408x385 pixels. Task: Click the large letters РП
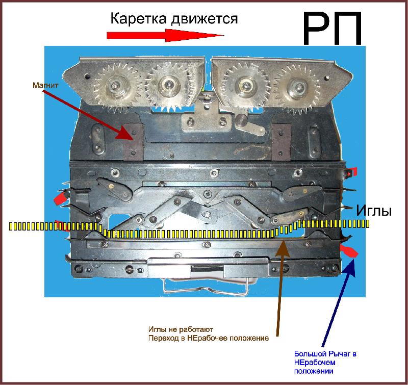[x=333, y=28]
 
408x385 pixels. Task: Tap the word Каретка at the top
[x=138, y=19]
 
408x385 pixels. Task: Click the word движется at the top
[x=205, y=19]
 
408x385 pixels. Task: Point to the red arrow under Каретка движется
[x=165, y=35]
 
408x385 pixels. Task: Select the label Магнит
[x=45, y=85]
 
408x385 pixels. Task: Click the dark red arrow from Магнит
[x=90, y=114]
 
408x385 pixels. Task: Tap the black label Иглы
[x=374, y=211]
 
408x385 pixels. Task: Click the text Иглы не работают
[x=181, y=329]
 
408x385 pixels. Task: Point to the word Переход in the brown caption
[x=161, y=338]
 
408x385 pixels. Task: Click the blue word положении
[x=314, y=371]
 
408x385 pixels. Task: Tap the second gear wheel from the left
[x=167, y=85]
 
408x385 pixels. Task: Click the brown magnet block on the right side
[x=281, y=142]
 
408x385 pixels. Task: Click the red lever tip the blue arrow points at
[x=349, y=251]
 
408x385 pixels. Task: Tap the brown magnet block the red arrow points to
[x=134, y=142]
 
